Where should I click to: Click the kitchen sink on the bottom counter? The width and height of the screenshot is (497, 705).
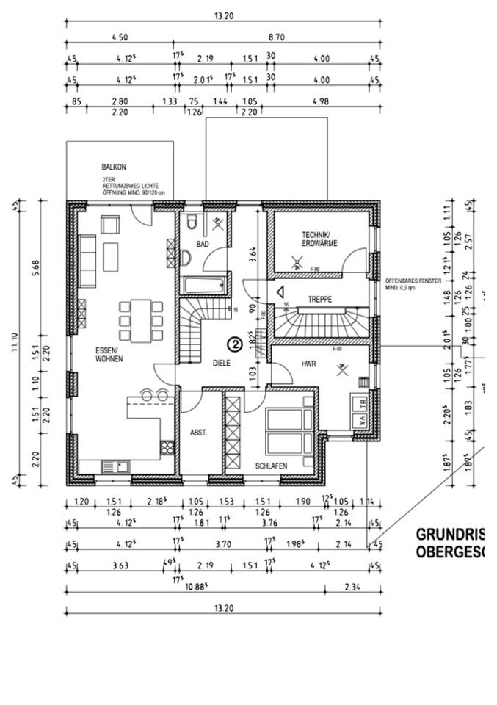[x=115, y=465]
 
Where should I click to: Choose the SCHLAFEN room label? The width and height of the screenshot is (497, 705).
[x=271, y=466]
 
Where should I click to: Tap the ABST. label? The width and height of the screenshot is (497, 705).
[x=199, y=433]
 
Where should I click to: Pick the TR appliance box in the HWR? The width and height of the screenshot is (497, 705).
[x=362, y=403]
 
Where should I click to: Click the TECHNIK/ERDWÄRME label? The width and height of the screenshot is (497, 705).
[x=319, y=239]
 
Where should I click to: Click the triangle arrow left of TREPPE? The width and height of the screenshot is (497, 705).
[x=280, y=292]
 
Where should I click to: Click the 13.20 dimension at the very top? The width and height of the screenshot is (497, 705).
[x=223, y=15]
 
